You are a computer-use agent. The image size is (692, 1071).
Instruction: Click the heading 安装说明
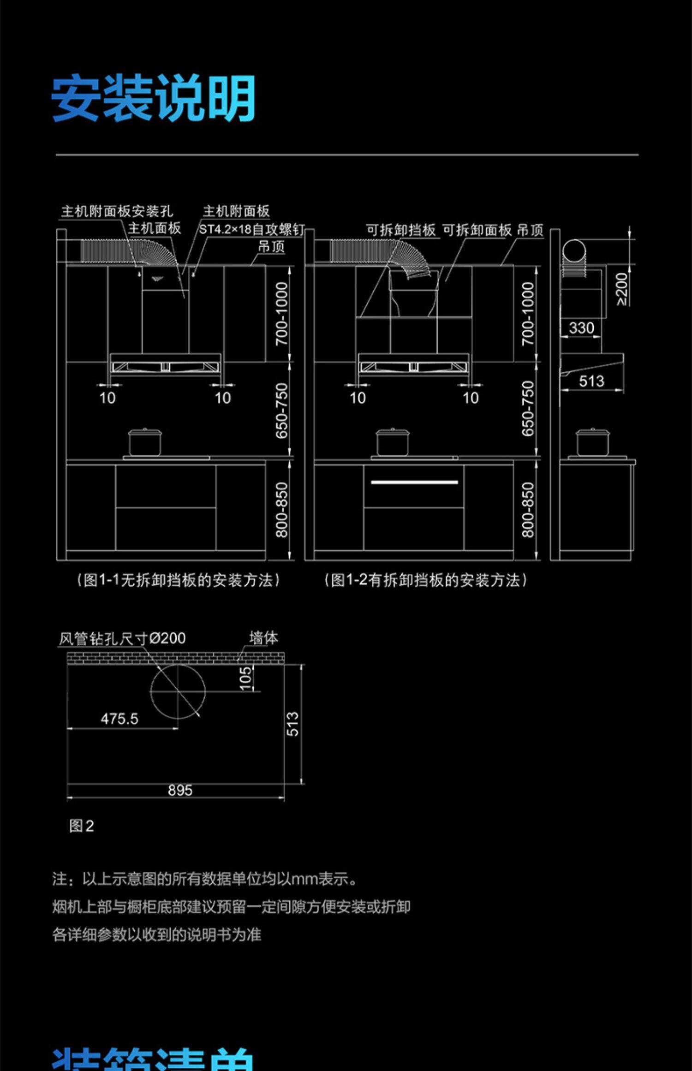tap(153, 98)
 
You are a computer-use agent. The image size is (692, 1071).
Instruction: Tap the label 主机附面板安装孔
tap(117, 211)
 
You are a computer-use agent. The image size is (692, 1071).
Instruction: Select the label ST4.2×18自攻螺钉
tap(251, 229)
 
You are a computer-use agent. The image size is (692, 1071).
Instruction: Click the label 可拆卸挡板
tap(400, 230)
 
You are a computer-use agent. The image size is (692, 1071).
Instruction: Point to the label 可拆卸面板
tap(477, 230)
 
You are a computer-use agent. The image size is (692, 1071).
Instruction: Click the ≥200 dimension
tap(622, 289)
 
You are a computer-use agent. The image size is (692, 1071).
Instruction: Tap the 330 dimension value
tap(581, 328)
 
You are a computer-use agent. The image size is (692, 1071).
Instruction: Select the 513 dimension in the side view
tap(591, 381)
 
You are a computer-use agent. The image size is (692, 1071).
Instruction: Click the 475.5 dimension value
tap(119, 719)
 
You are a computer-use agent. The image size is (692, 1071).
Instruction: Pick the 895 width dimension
tap(180, 791)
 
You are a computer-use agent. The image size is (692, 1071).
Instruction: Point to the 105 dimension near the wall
tap(246, 678)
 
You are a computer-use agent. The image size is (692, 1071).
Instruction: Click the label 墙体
tap(263, 638)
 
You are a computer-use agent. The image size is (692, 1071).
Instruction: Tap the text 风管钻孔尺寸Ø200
tap(122, 638)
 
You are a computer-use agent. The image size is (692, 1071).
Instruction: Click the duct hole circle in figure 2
tap(178, 691)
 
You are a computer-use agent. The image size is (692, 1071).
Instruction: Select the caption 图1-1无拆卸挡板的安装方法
tap(178, 580)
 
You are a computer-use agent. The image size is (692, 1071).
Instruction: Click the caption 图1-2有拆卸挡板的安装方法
tap(425, 580)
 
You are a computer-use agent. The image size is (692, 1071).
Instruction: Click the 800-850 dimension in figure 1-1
tap(281, 510)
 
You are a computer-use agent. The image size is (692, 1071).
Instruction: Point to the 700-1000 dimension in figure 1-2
tap(527, 314)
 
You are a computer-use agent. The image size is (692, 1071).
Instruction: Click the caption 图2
tap(81, 826)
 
